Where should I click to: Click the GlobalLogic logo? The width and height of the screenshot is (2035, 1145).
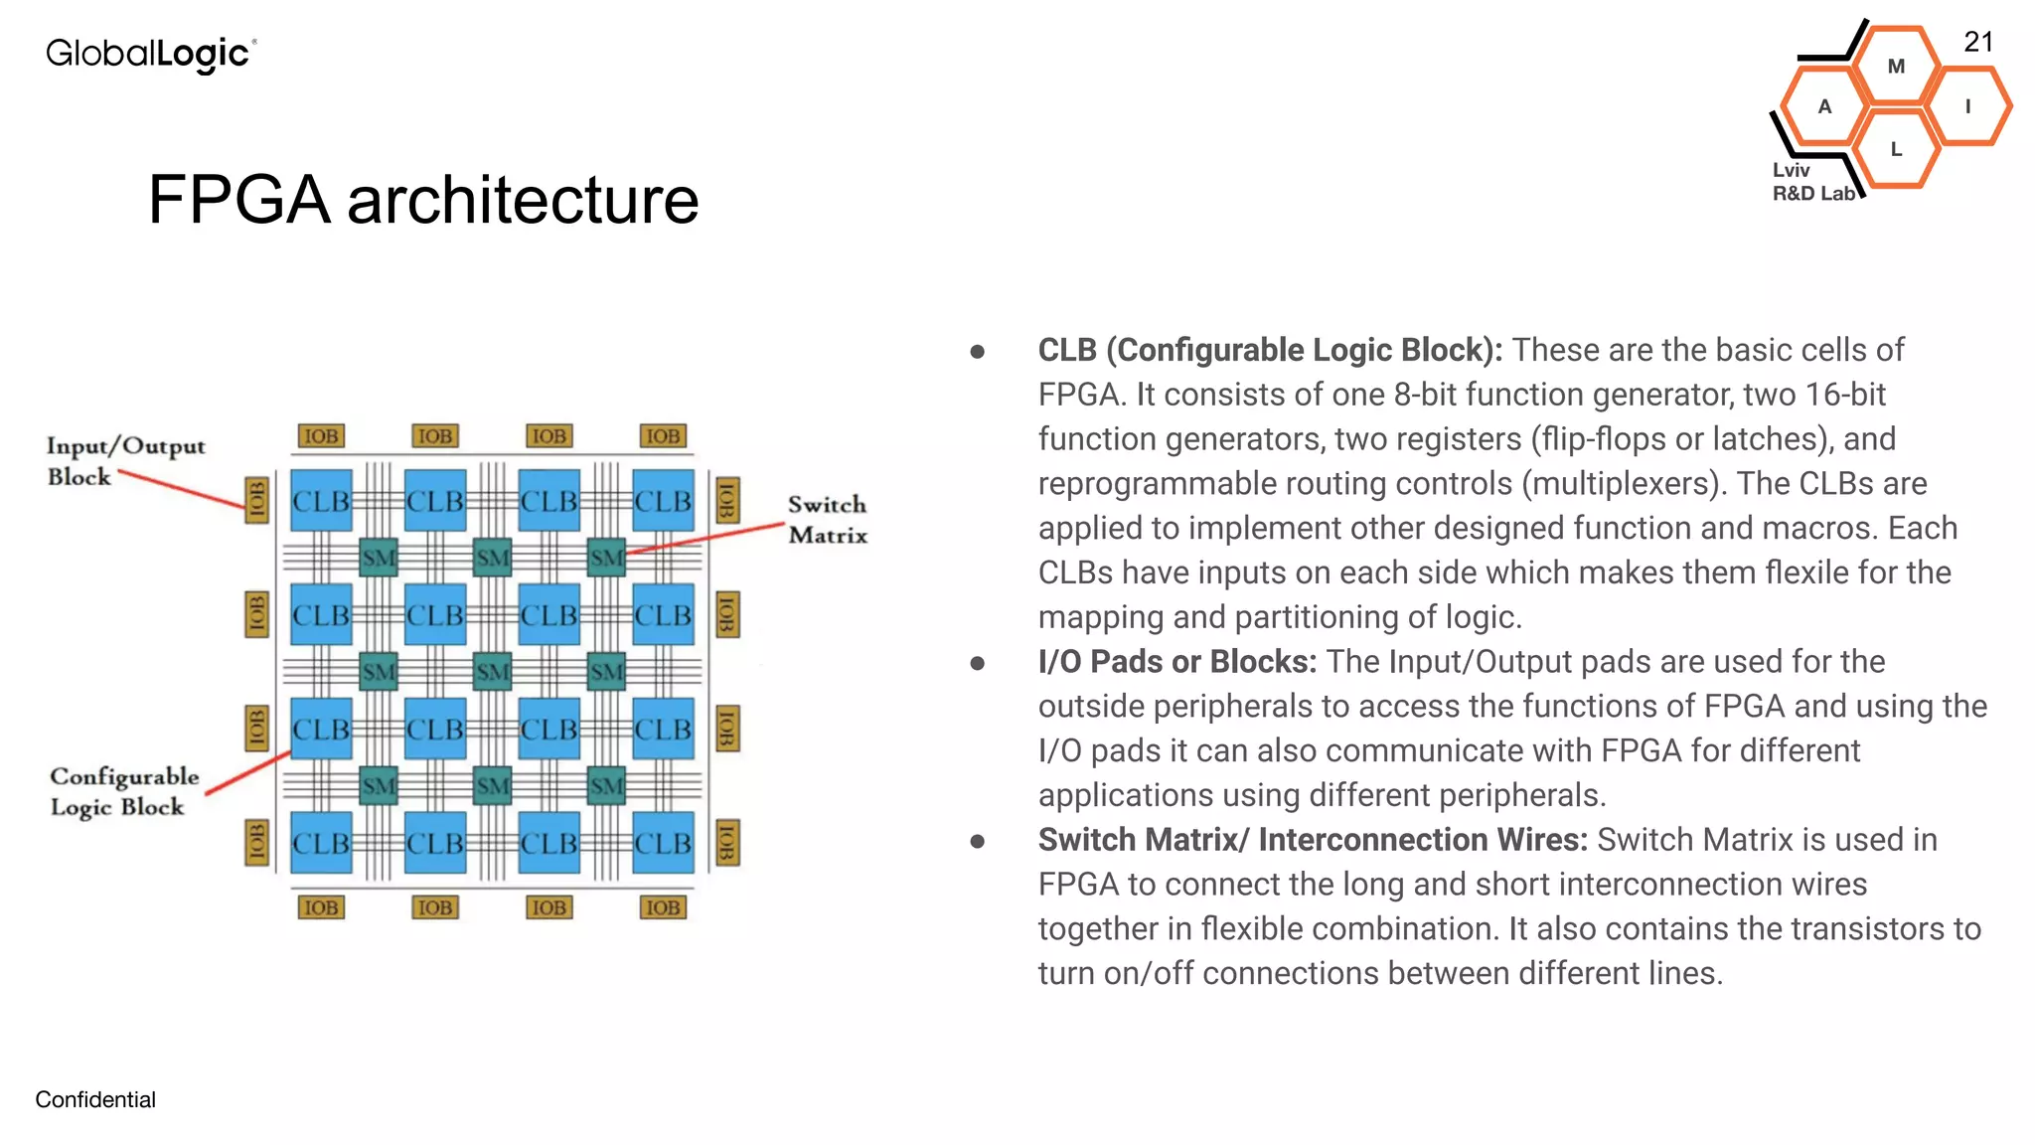click(151, 54)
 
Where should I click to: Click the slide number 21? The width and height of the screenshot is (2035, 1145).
click(1977, 42)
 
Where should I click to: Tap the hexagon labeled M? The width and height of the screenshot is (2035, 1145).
click(1896, 67)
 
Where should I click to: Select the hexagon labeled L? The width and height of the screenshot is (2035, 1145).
click(1896, 149)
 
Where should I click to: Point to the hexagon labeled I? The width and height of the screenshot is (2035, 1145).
click(1967, 106)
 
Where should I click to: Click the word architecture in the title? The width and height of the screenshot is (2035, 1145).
click(523, 200)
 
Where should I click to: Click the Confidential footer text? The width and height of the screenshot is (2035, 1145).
click(95, 1099)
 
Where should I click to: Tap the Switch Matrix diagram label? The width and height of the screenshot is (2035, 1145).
click(827, 520)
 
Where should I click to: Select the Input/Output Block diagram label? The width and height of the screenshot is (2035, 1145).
click(125, 460)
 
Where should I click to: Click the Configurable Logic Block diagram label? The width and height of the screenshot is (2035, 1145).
click(124, 791)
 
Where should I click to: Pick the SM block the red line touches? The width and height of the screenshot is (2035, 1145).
click(606, 558)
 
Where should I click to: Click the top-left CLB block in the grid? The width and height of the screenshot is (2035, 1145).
click(321, 501)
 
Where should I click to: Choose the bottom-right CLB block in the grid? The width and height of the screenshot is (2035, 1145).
click(663, 843)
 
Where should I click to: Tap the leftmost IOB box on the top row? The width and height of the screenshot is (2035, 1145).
click(321, 436)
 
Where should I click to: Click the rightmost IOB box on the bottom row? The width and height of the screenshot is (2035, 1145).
click(663, 907)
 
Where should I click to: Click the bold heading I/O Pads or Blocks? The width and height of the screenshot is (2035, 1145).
click(1176, 662)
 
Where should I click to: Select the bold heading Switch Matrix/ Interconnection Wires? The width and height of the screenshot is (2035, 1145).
click(1312, 840)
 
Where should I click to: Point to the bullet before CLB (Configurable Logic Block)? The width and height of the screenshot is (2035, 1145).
click(978, 352)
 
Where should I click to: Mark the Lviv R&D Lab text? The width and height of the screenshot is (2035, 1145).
click(1812, 182)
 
